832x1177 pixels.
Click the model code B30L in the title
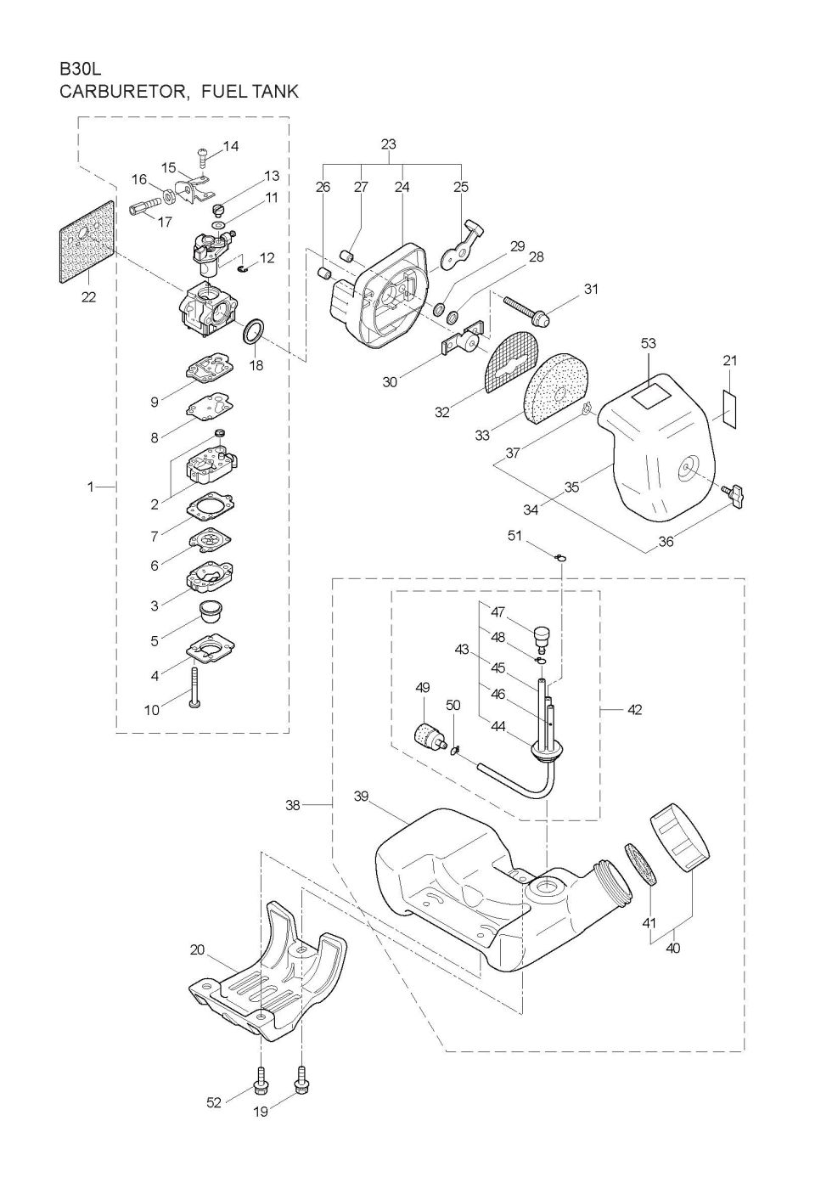(81, 69)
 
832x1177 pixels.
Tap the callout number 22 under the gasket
(88, 297)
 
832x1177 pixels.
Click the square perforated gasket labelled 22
(88, 243)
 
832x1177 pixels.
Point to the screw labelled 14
(203, 156)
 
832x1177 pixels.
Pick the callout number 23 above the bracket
(388, 144)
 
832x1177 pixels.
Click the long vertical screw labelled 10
(195, 686)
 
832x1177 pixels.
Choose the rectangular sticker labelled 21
(729, 409)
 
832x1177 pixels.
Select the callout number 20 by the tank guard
(198, 949)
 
